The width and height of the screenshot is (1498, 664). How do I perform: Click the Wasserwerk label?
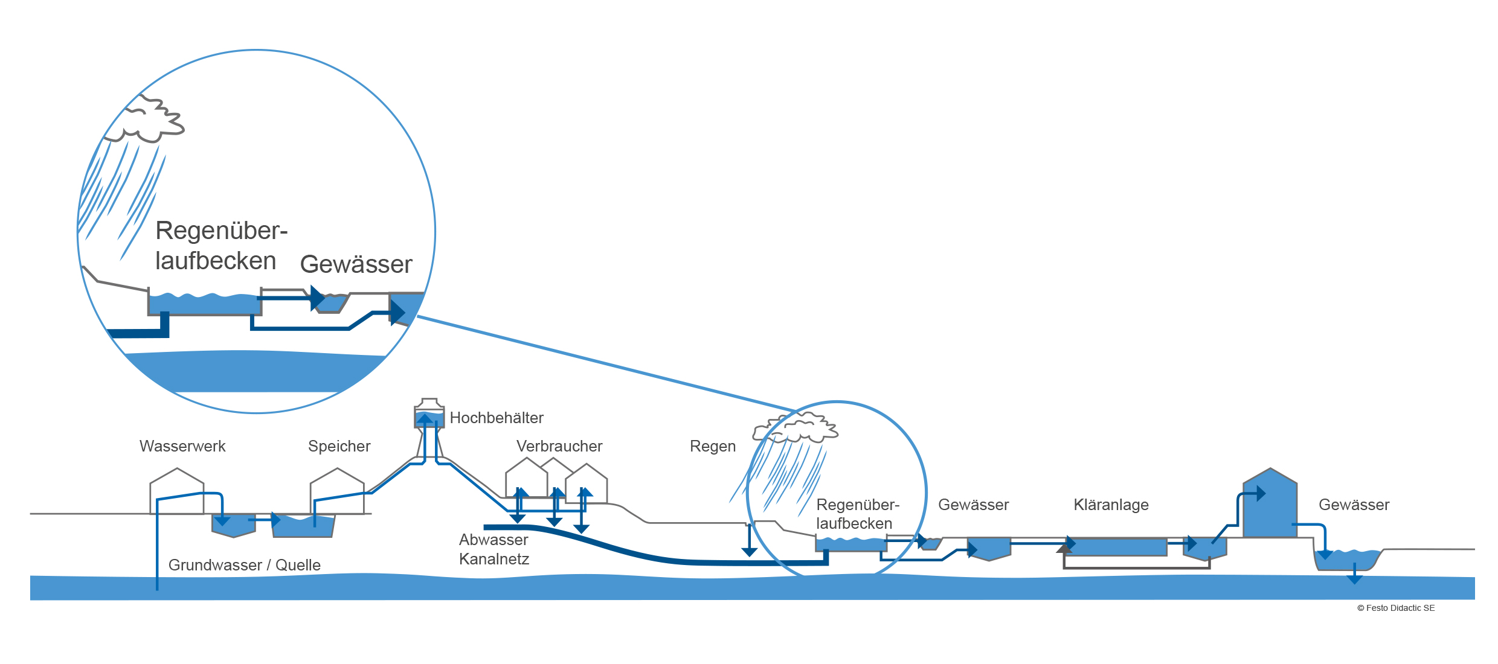click(x=182, y=446)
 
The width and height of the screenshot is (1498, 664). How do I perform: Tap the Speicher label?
click(x=339, y=446)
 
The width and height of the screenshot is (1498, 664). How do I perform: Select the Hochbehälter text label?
click(x=496, y=418)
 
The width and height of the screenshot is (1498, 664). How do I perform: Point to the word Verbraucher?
click(x=559, y=446)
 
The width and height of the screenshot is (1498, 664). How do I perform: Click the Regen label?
click(x=712, y=446)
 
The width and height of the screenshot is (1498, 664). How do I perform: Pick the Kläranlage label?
click(x=1111, y=505)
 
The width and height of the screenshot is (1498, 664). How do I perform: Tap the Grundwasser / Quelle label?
click(x=244, y=565)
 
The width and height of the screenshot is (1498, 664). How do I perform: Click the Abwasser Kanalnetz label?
click(x=493, y=549)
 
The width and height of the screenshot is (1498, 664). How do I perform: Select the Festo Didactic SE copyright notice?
click(x=1395, y=608)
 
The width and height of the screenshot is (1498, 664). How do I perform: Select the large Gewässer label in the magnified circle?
click(x=356, y=264)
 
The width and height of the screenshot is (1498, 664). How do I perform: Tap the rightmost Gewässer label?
click(x=1354, y=505)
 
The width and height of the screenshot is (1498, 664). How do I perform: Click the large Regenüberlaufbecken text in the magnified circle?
click(x=221, y=246)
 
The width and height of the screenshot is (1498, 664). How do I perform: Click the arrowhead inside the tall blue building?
click(x=1261, y=493)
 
